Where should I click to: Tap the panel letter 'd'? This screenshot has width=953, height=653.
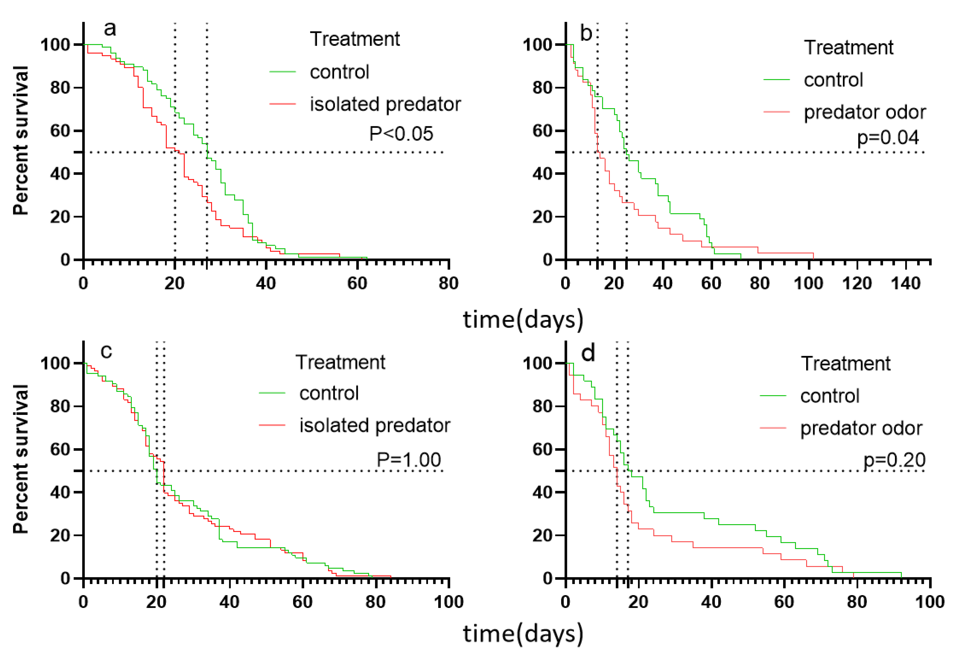[x=588, y=353]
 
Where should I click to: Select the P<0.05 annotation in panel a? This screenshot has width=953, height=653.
[x=401, y=134]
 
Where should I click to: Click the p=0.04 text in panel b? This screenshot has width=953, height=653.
[x=888, y=137]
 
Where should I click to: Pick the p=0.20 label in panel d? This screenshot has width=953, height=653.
[x=894, y=460]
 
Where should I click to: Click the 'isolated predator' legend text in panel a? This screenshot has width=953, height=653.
[x=385, y=104]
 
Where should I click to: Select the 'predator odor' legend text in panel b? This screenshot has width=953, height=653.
[x=864, y=112]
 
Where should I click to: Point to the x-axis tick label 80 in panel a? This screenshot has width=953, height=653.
[x=448, y=284]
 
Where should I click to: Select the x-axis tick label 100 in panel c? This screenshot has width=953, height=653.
[x=448, y=602]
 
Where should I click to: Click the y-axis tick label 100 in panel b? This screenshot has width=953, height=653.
[x=537, y=45]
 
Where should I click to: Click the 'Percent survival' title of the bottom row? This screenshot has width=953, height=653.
[x=21, y=459]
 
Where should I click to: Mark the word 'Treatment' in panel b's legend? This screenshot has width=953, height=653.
[x=848, y=48]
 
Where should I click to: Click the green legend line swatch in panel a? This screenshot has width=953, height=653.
[x=283, y=72]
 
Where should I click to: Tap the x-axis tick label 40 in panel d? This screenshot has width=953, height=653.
[x=711, y=602]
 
